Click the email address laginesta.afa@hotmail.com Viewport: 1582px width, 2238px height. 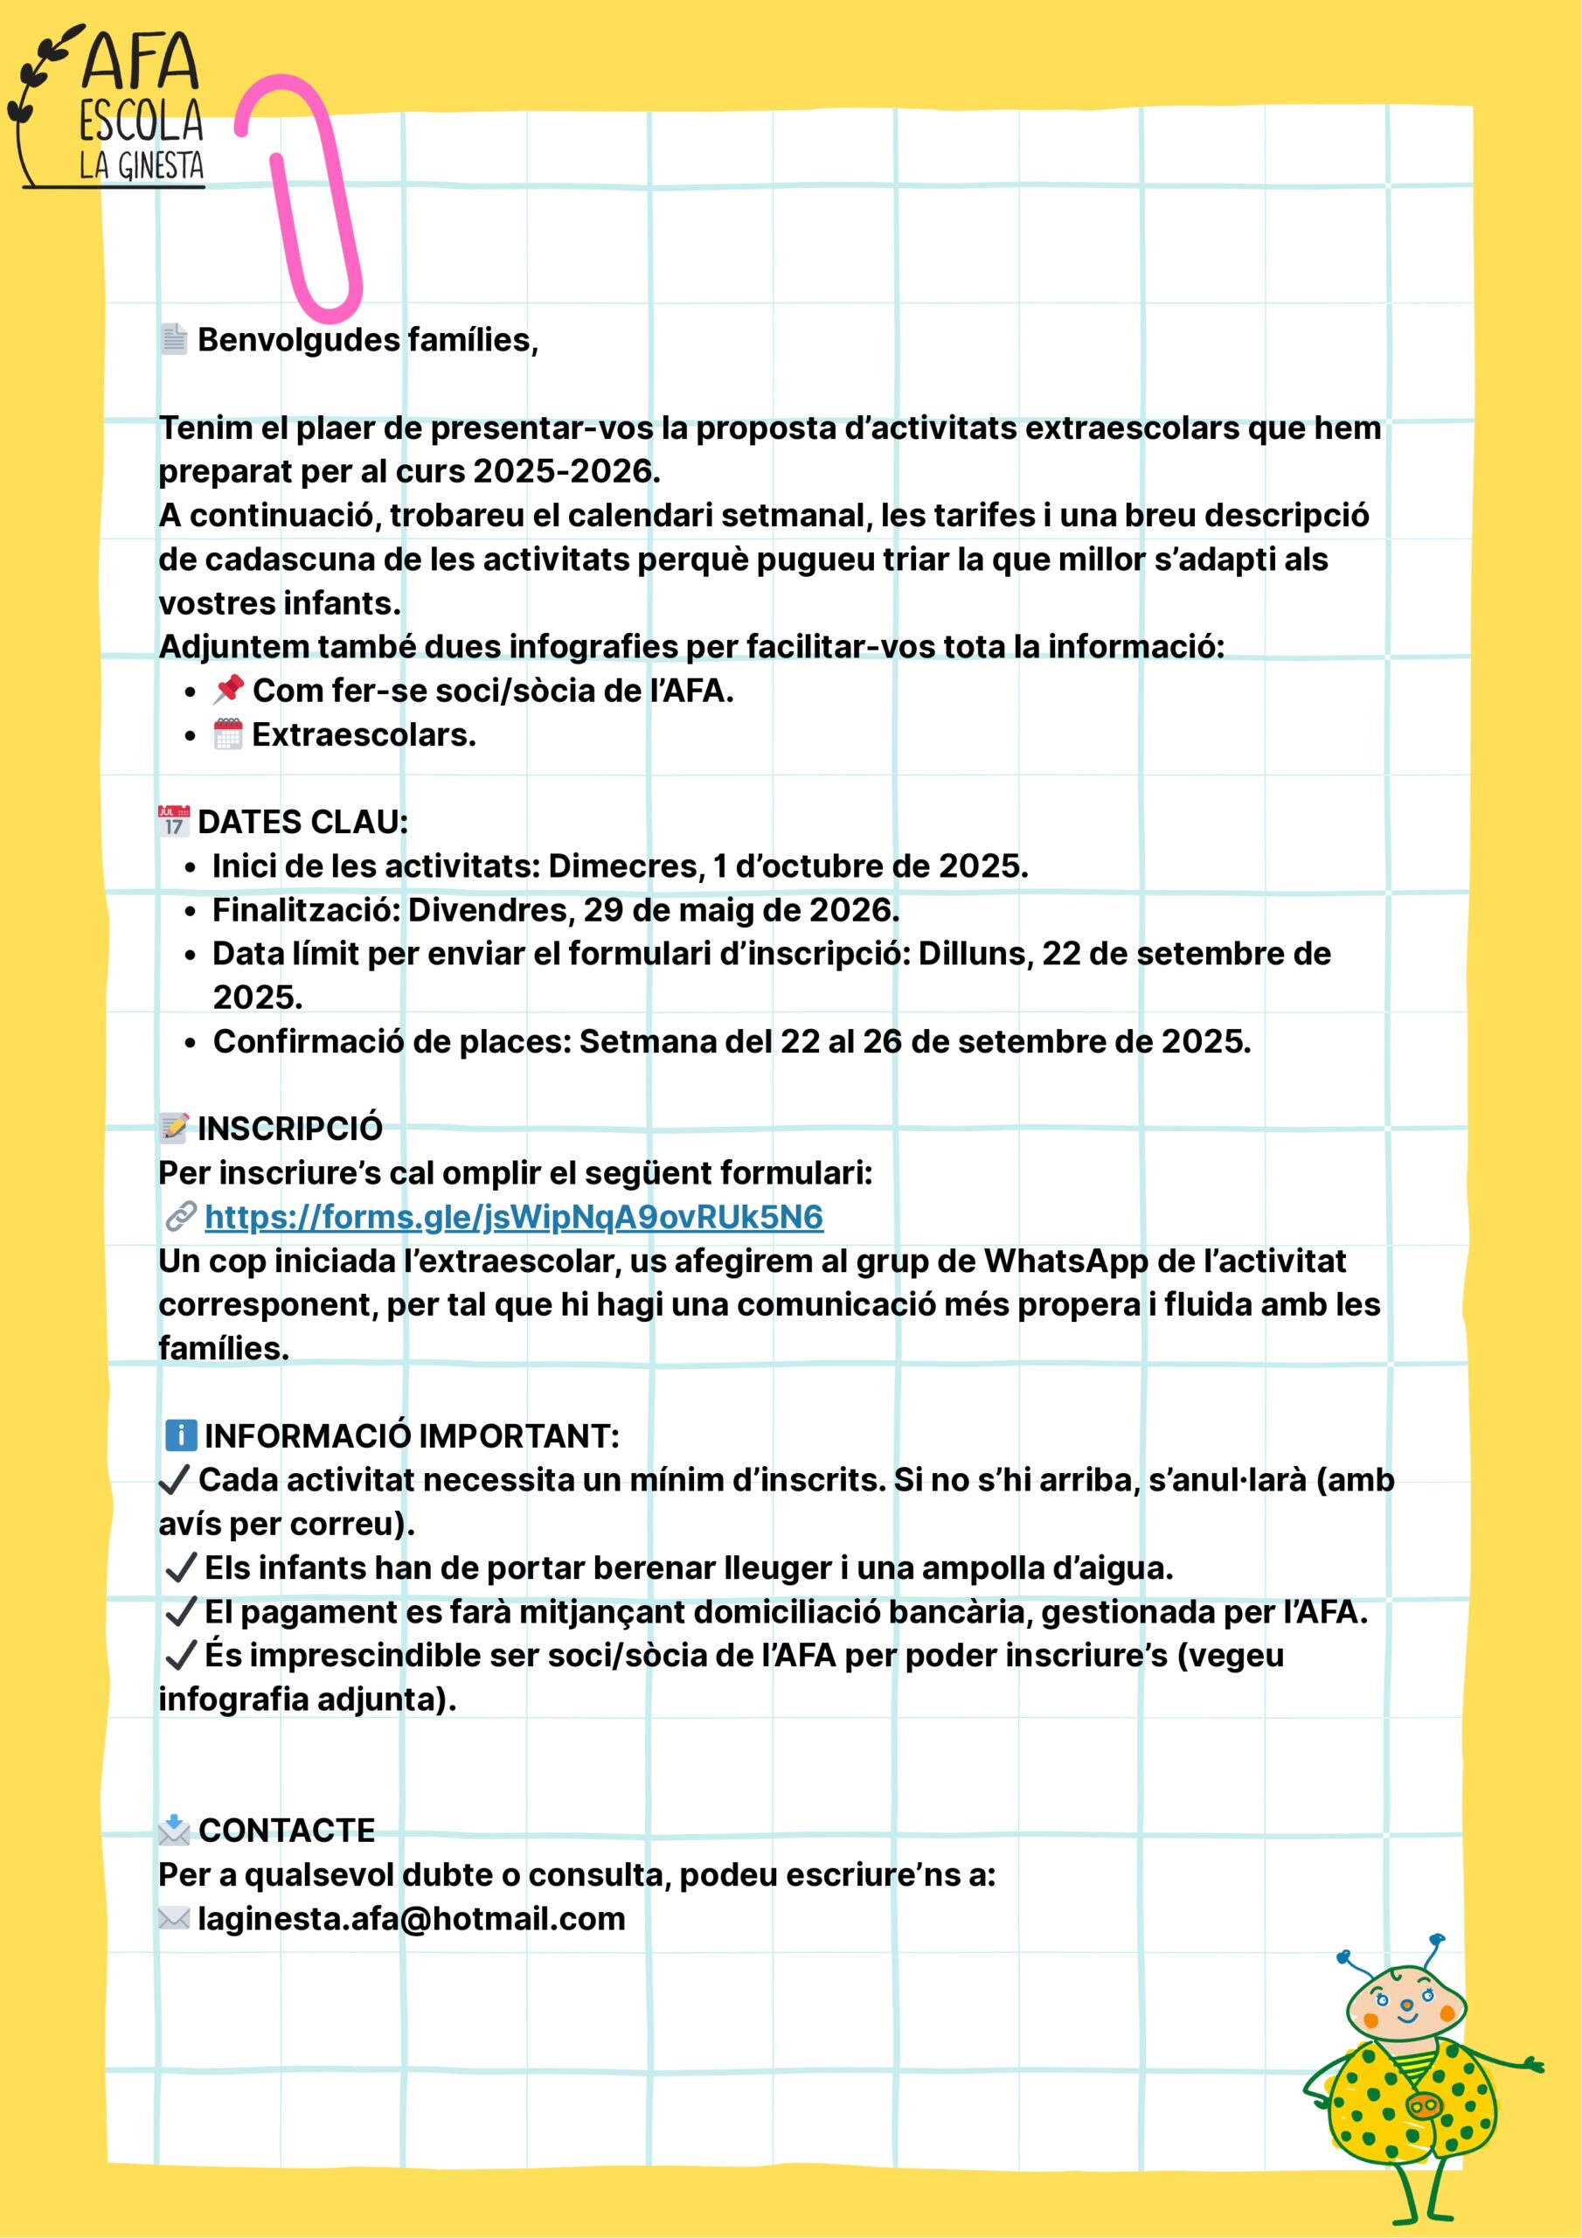pos(412,1918)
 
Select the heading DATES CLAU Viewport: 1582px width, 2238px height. pos(302,822)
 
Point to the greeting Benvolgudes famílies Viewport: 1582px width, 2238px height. pos(367,340)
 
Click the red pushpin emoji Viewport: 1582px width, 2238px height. pos(228,689)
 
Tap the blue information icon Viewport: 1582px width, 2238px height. pos(180,1435)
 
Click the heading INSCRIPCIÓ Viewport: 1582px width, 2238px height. pos(289,1129)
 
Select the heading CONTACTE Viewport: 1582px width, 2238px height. pos(287,1831)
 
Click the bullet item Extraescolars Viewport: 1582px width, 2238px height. pos(364,734)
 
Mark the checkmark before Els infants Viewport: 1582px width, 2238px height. pos(181,1567)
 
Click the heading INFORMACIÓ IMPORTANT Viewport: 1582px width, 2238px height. pos(411,1435)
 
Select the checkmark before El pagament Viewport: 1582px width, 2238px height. pos(181,1612)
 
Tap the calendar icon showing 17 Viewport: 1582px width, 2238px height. pos(174,822)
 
